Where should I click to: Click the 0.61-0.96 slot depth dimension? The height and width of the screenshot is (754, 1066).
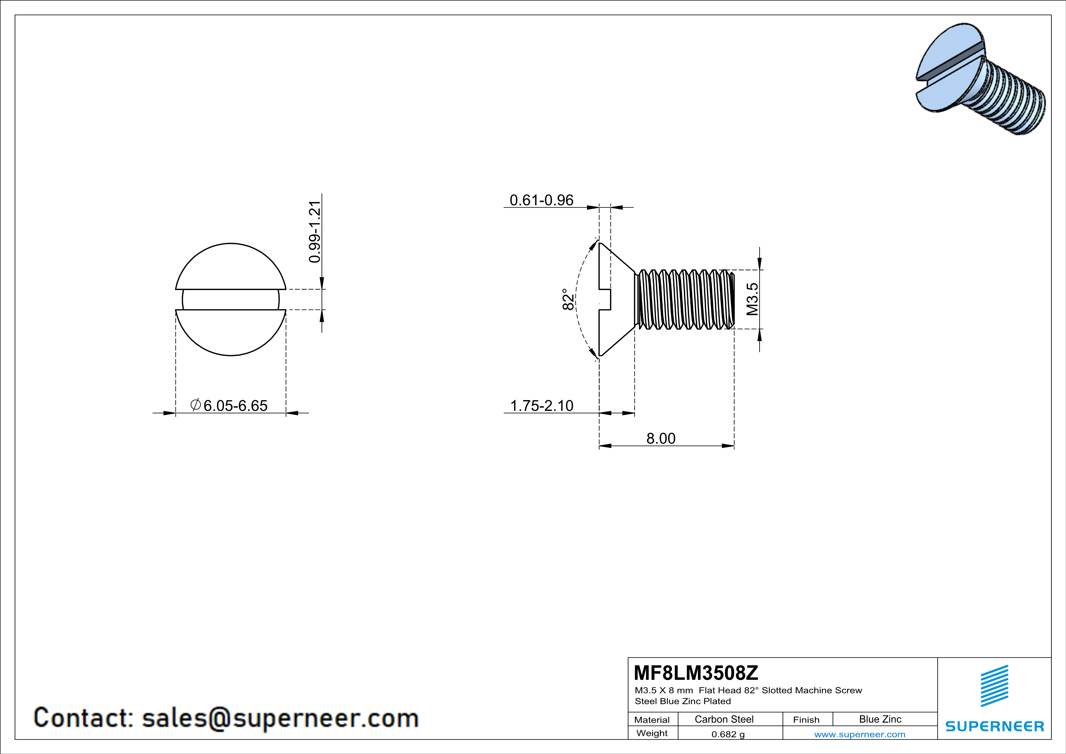point(541,200)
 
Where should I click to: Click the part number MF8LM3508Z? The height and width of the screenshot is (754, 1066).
point(695,672)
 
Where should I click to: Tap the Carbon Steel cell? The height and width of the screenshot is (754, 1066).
point(724,719)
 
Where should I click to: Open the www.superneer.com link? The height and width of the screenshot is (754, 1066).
point(859,734)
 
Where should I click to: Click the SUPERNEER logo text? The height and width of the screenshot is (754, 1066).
point(995,726)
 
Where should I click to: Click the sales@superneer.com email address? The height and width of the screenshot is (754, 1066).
point(280,718)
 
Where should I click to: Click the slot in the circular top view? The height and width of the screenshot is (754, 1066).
point(231,299)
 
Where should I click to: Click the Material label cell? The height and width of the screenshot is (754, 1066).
point(652,720)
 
